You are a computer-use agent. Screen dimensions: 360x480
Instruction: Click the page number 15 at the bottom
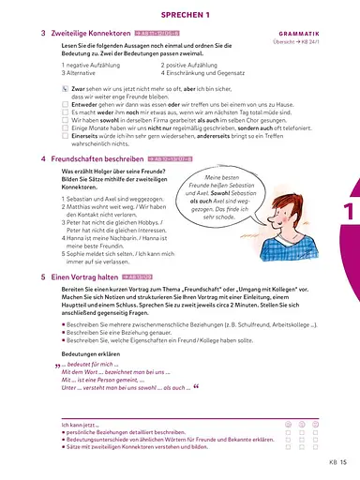pyautogui.click(x=344, y=461)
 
